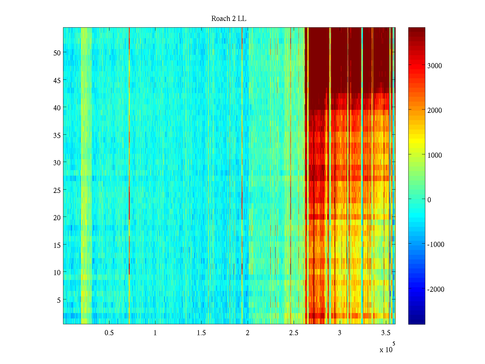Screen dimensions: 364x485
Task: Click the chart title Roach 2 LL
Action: pos(229,19)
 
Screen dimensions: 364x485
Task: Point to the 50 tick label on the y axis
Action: pos(57,53)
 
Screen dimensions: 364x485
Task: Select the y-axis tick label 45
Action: pos(57,80)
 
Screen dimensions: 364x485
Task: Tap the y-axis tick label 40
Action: pos(57,108)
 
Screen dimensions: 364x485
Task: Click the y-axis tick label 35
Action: pos(57,135)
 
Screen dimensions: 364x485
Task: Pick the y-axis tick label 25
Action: pos(57,190)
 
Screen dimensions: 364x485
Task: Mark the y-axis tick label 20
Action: pos(57,217)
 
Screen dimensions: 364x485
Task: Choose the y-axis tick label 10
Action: pos(57,273)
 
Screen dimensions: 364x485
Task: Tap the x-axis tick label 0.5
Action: pos(109,333)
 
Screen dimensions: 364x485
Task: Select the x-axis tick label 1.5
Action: pos(201,333)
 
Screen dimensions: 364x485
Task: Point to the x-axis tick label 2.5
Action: pos(293,333)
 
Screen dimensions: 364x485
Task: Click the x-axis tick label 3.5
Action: pos(386,333)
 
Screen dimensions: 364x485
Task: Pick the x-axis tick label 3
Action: pos(339,333)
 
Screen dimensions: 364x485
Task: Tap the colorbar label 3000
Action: pos(435,66)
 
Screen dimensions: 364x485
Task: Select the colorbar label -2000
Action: pos(436,289)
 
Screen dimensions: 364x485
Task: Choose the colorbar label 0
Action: pos(429,200)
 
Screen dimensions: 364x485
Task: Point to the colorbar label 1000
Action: pos(435,155)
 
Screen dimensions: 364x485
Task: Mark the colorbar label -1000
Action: pos(436,245)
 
